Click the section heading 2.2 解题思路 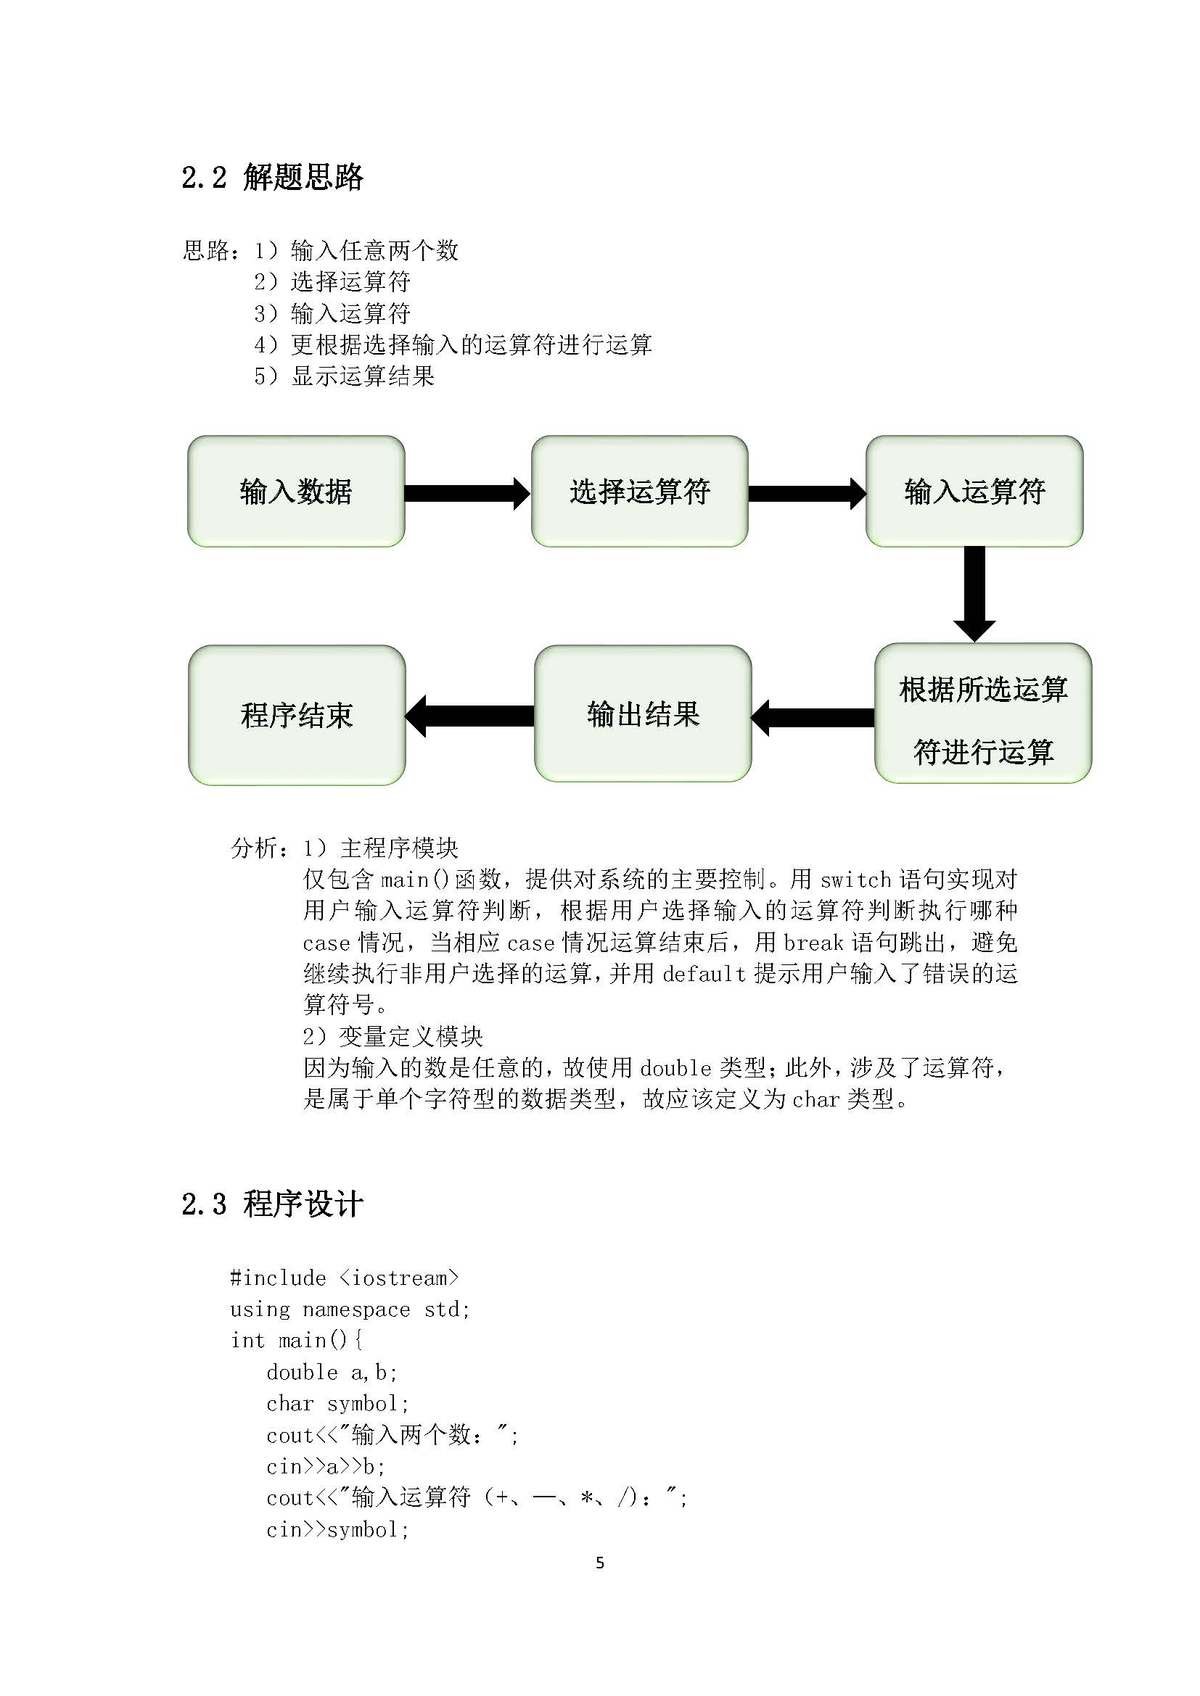[x=272, y=177]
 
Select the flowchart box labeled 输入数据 [x=295, y=491]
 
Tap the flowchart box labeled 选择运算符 [x=639, y=491]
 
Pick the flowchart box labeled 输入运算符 [x=974, y=491]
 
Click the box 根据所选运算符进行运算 [x=983, y=713]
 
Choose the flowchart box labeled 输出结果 [x=642, y=713]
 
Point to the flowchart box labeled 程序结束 [x=296, y=715]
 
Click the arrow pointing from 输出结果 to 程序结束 [x=469, y=716]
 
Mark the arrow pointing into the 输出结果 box [x=812, y=717]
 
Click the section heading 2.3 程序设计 [x=272, y=1204]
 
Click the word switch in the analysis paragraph [x=855, y=880]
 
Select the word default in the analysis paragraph [x=704, y=974]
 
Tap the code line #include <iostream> [x=345, y=1278]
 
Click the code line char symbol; [x=337, y=1404]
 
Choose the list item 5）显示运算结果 [x=345, y=376]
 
